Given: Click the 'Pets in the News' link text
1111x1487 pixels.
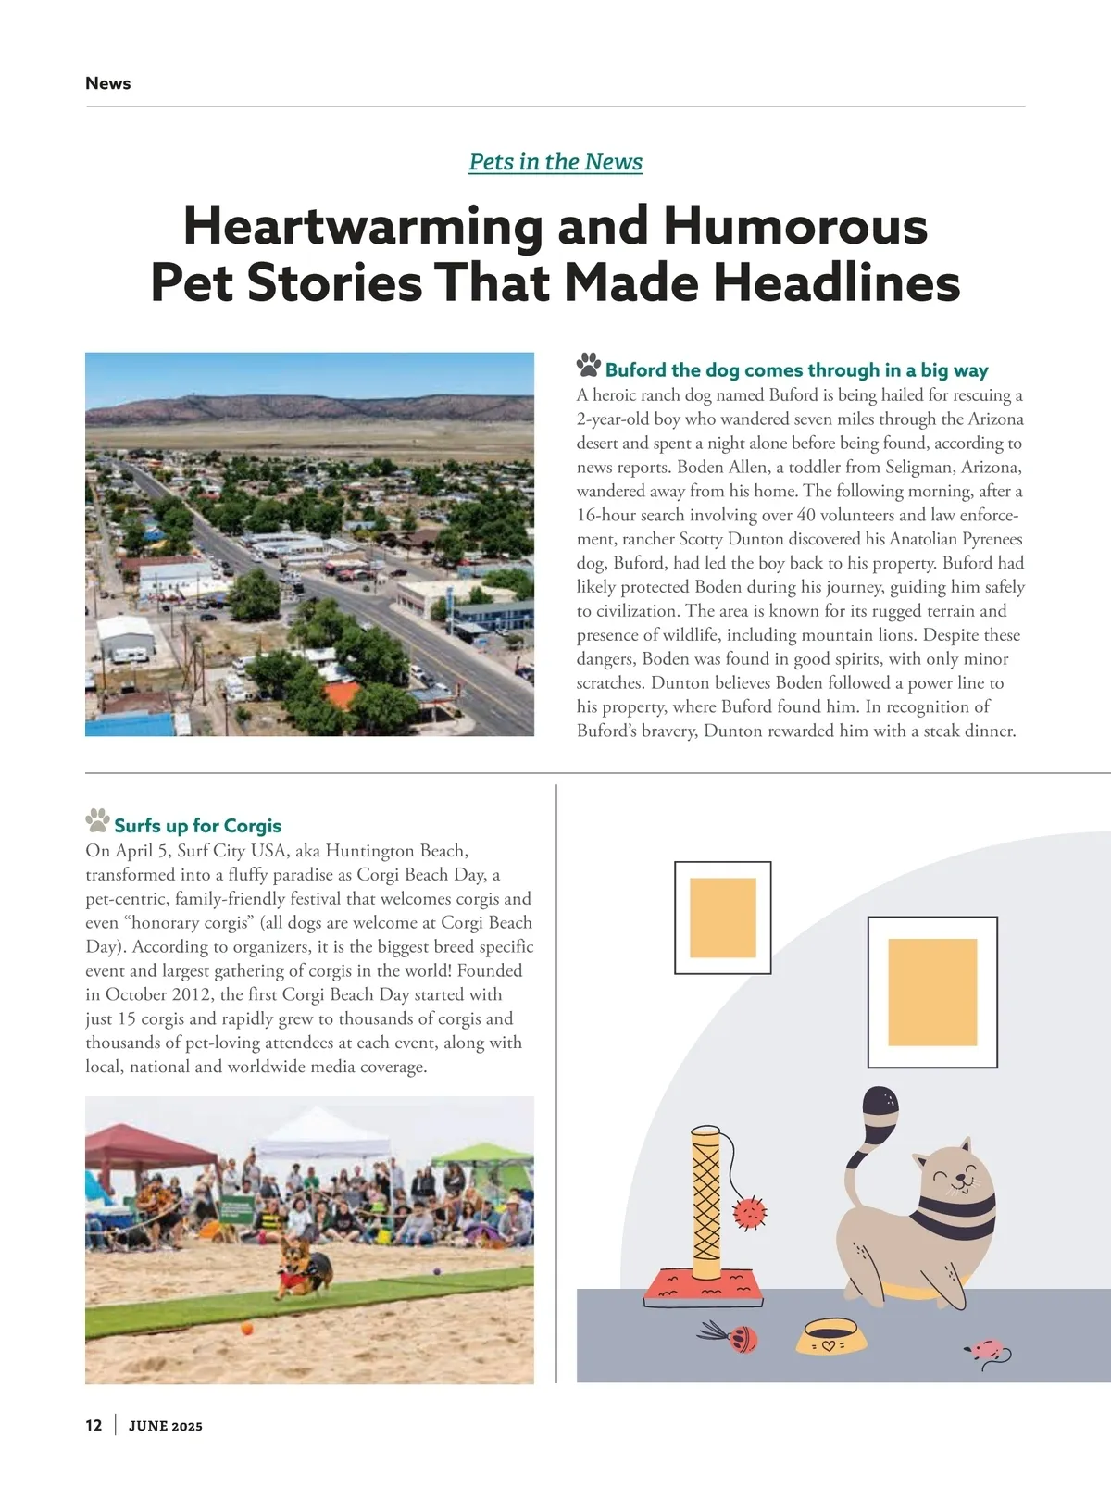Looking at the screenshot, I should [x=555, y=162].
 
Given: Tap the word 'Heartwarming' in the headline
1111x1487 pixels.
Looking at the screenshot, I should [x=362, y=226].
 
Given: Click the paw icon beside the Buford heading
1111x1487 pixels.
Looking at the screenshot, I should [x=588, y=365].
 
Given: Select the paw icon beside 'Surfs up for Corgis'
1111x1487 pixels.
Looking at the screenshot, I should [x=97, y=819].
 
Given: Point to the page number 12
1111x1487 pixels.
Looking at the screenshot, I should [x=94, y=1425].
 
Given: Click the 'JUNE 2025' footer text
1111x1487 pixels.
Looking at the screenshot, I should [x=165, y=1426].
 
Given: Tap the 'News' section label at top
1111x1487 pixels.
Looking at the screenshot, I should [x=107, y=83].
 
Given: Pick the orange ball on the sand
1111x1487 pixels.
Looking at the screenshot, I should [x=247, y=1329].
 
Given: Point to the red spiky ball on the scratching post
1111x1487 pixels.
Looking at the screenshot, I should [x=749, y=1213].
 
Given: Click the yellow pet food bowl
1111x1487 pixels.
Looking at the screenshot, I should [x=831, y=1336].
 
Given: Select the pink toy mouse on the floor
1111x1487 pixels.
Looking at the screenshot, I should [x=984, y=1349].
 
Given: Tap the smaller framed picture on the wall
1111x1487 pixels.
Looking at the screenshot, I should [x=722, y=918].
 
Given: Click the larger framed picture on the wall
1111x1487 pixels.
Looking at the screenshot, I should [x=932, y=992].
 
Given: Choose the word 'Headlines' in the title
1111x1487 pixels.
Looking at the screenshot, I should [x=837, y=282].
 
